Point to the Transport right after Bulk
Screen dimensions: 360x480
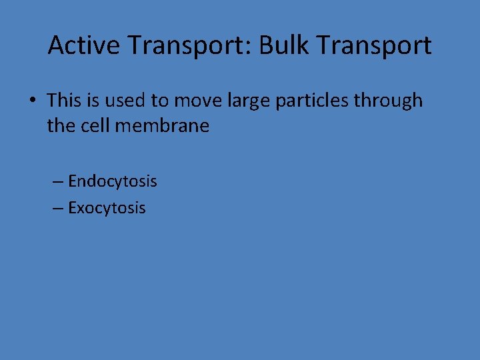click(373, 45)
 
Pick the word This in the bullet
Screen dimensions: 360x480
click(64, 101)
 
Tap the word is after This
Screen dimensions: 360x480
click(93, 101)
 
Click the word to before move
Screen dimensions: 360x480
click(159, 101)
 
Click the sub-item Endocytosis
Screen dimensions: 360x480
click(112, 181)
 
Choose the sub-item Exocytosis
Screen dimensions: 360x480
click(107, 208)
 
